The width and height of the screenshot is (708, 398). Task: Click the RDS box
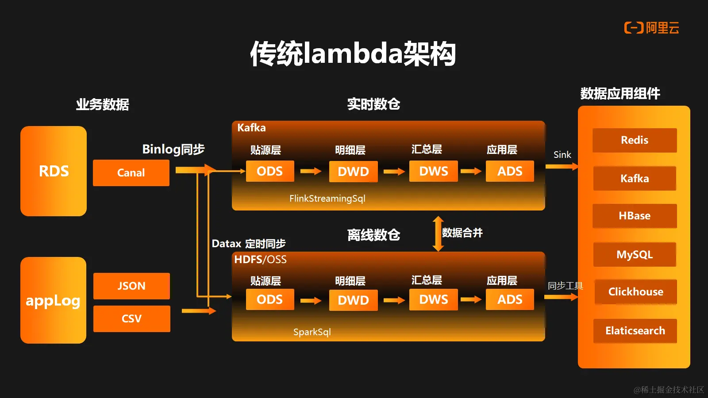tap(54, 171)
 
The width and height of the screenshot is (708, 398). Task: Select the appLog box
tap(53, 300)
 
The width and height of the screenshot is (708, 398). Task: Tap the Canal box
tap(131, 173)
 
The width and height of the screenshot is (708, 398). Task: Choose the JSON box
tap(131, 286)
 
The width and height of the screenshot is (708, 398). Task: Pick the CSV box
tap(131, 319)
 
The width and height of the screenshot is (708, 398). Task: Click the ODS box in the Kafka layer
tap(269, 171)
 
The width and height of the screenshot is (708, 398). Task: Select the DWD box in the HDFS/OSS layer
tap(353, 300)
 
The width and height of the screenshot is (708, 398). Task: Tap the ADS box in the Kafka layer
tap(510, 171)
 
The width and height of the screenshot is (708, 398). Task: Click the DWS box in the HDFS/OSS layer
tap(433, 300)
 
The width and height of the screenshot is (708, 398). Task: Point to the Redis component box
tap(635, 140)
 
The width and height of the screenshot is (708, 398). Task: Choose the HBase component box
tap(635, 216)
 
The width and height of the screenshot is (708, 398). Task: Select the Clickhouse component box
tap(635, 292)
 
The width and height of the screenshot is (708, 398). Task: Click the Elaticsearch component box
tap(635, 331)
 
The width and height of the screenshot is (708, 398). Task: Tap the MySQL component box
tap(635, 255)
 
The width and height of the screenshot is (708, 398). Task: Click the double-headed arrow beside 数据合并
tap(438, 233)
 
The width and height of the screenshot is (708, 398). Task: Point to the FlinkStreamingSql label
tap(327, 199)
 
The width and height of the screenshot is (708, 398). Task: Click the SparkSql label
tap(312, 332)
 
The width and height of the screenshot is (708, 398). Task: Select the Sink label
tap(562, 155)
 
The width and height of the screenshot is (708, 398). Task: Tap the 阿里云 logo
tap(651, 28)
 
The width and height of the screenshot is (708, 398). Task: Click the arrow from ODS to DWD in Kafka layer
tap(311, 171)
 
